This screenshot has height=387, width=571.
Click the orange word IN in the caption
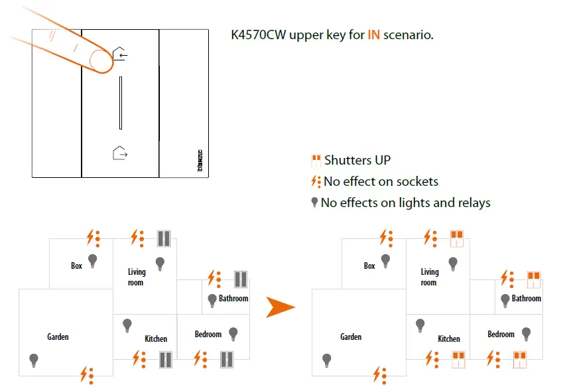(374, 35)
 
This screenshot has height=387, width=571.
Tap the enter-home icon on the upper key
(120, 54)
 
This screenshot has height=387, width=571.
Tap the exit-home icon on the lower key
(120, 153)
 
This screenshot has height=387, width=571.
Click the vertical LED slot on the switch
(121, 102)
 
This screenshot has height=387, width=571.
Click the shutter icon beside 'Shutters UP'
(316, 160)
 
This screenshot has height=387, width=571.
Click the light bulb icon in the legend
(315, 202)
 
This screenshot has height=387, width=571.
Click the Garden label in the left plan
(58, 337)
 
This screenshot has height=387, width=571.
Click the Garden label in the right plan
(351, 337)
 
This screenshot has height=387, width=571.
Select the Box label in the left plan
(77, 266)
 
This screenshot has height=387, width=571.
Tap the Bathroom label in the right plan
(526, 299)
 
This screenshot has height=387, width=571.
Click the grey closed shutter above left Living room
(164, 238)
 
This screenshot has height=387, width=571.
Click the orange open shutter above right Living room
(456, 238)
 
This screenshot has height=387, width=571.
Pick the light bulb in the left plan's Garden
(34, 360)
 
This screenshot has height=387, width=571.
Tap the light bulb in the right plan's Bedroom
(526, 333)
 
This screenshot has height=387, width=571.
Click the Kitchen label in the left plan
(156, 339)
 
